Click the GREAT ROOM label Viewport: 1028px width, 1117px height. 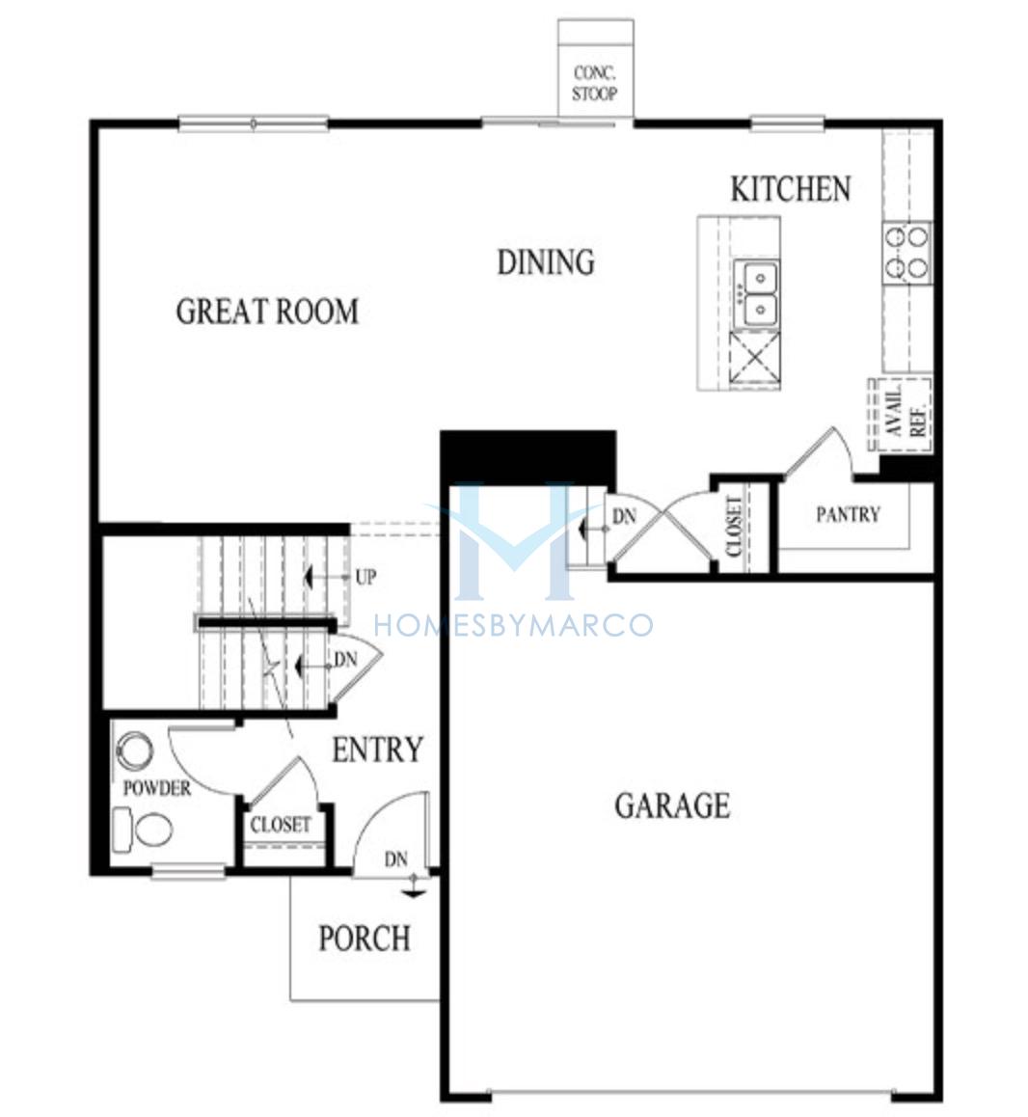tap(267, 312)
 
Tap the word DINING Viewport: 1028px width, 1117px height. tap(546, 261)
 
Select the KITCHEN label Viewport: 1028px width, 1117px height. tap(791, 189)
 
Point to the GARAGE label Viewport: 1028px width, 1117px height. tap(672, 805)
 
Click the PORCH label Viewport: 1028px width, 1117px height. tap(364, 938)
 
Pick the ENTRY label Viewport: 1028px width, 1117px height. tap(378, 749)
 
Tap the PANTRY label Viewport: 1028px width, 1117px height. tap(848, 513)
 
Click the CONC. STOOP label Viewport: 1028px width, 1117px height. tap(595, 83)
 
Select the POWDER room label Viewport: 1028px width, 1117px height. tap(157, 788)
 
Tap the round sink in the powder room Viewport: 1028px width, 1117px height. tap(134, 750)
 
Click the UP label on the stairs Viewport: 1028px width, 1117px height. tap(365, 577)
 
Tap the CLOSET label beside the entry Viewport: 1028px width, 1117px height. tap(281, 824)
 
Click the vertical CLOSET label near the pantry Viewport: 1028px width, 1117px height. tap(734, 527)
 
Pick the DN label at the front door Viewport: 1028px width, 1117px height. tap(396, 859)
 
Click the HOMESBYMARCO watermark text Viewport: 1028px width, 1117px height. tap(514, 625)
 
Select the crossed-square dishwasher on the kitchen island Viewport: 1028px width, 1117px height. tap(755, 360)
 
